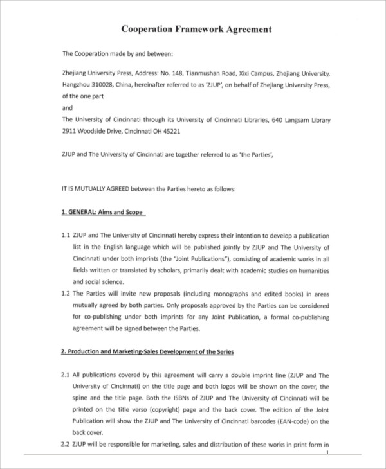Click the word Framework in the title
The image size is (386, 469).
pos(200,30)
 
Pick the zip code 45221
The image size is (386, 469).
pos(171,131)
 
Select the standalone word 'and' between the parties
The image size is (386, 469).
pos(68,108)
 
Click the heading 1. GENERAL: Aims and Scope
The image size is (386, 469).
pos(104,212)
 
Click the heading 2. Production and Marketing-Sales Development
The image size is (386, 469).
pos(147,352)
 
